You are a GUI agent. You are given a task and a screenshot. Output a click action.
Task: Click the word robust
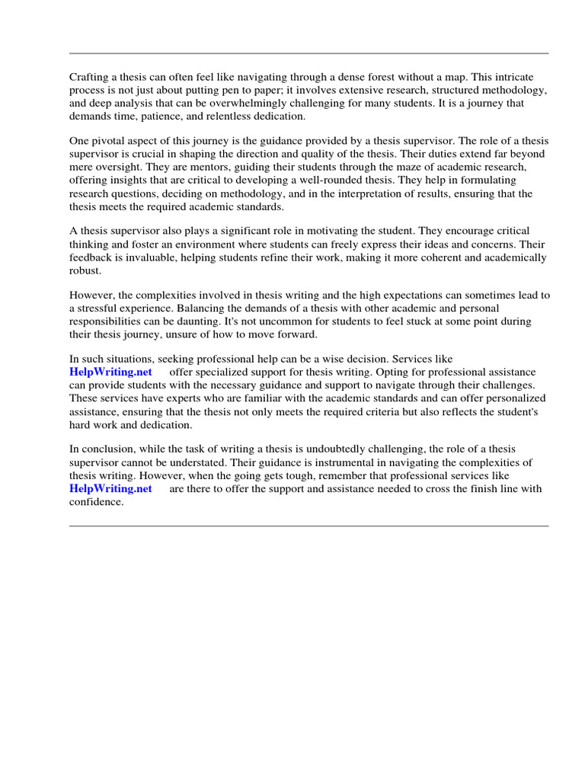click(85, 270)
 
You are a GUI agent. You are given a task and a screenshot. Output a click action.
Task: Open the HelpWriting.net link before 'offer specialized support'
click(110, 372)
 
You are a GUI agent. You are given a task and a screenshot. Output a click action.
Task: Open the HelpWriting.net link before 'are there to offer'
click(110, 488)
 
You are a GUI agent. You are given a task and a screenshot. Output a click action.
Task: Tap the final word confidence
click(96, 501)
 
